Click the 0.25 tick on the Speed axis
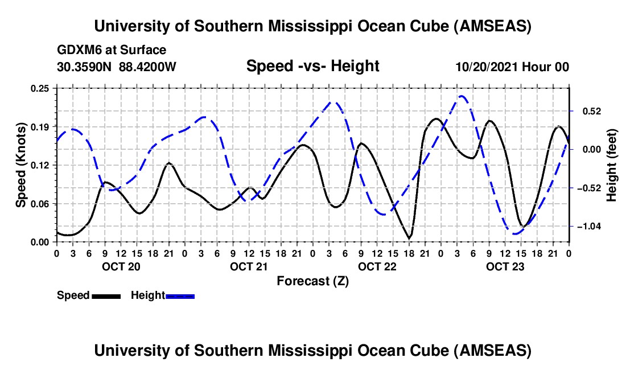pos(40,88)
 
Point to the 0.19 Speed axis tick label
pos(40,127)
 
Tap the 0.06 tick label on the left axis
pos(40,204)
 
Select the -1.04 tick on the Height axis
pos(589,227)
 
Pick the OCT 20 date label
pos(121,266)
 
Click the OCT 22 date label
pos(377,266)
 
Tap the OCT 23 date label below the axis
pos(505,266)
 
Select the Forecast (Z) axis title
pos(312,281)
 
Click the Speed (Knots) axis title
pos(20,165)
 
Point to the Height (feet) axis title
pos(611,165)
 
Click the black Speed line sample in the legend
pos(106,296)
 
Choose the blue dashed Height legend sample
pos(180,296)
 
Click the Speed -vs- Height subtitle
pos(312,66)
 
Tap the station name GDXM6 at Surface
pos(112,50)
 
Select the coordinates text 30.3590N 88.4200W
pos(116,67)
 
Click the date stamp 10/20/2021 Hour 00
pos(512,67)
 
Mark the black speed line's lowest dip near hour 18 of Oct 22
pos(409,239)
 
